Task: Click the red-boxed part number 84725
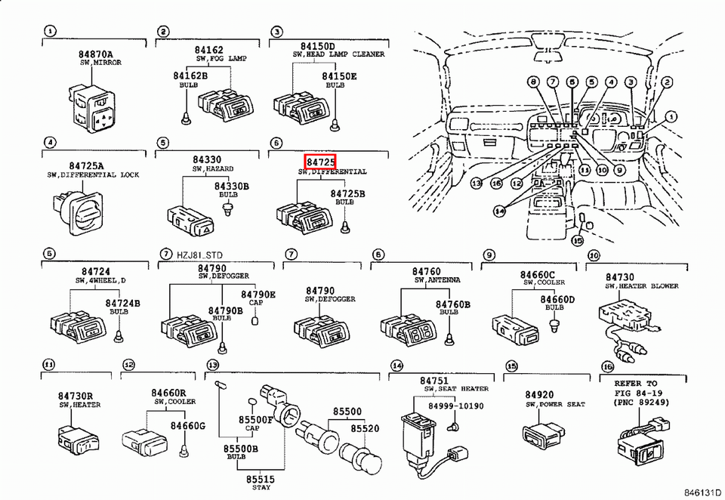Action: pos(320,162)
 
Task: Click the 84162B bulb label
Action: pos(190,76)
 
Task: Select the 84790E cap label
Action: pos(258,294)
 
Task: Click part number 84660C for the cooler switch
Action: pos(537,274)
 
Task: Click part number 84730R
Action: pos(76,396)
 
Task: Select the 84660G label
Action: pos(187,425)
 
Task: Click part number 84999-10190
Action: pos(456,406)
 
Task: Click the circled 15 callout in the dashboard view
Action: pos(578,240)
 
